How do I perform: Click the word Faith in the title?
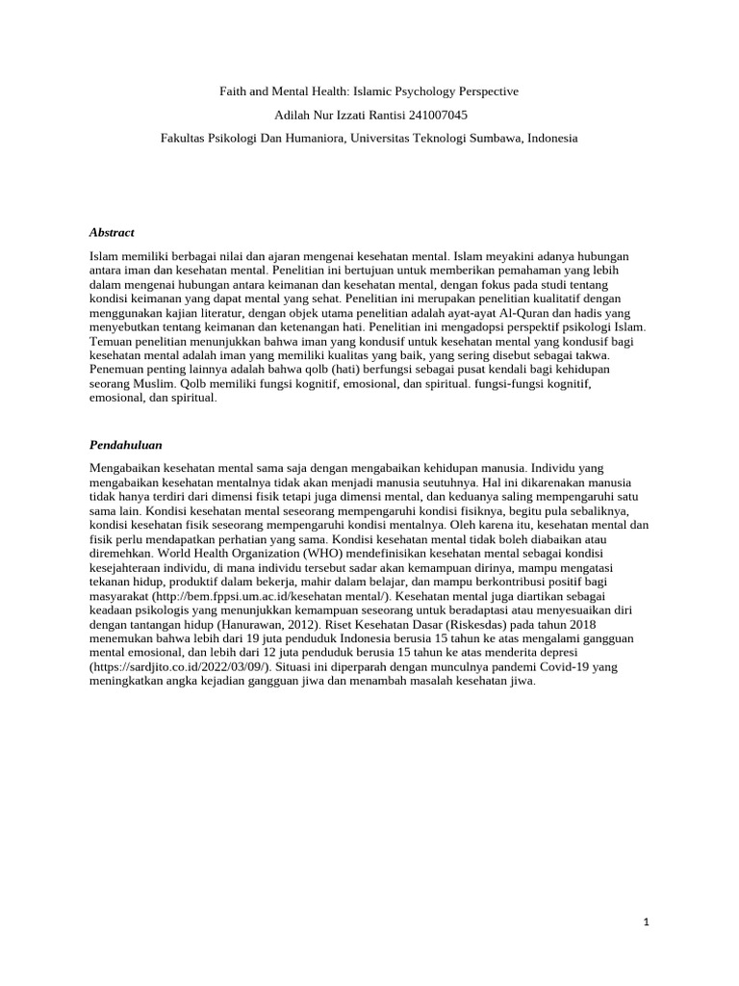point(233,91)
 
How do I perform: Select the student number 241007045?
point(437,115)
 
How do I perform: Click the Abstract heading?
point(112,233)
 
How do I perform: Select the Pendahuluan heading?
point(126,446)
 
